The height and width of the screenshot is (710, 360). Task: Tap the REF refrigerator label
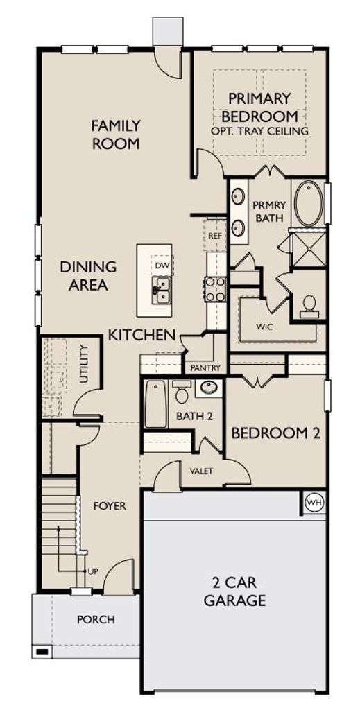[x=214, y=236]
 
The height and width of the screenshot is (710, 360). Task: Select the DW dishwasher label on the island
[x=160, y=264]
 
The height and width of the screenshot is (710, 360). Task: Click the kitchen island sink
[x=161, y=290]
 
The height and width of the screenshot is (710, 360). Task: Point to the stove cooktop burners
[x=215, y=289]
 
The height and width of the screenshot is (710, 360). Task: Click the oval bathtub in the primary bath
[x=309, y=203]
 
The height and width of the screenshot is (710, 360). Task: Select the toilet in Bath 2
[x=182, y=392]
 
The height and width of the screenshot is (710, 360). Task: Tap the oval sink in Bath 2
[x=209, y=388]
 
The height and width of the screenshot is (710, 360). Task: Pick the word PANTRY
[x=205, y=368]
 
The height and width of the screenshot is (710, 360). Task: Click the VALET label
[x=201, y=471]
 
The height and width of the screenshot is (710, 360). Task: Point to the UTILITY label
[x=83, y=363]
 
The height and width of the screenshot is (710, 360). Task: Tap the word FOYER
[x=110, y=505]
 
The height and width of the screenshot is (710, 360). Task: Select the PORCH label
[x=96, y=619]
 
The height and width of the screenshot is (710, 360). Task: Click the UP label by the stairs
[x=93, y=571]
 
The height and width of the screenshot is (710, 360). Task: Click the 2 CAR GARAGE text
[x=234, y=591]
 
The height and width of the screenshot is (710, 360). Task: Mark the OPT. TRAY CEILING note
[x=259, y=131]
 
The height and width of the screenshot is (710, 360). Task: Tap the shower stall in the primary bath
[x=308, y=248]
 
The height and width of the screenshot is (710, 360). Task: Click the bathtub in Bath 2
[x=156, y=404]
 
